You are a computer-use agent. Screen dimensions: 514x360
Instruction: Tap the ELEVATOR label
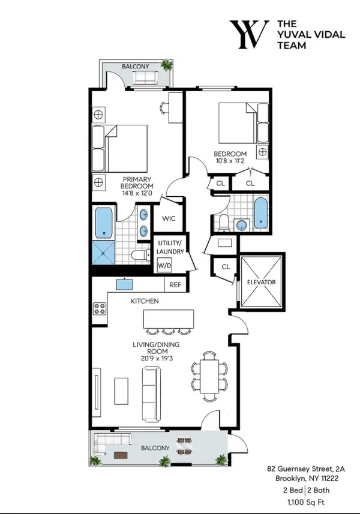[x=261, y=281]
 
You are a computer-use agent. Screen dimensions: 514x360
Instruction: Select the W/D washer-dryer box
[x=163, y=264]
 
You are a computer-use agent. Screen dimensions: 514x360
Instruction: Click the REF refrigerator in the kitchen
[x=175, y=285]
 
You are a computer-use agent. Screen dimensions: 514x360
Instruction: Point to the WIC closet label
[x=168, y=219]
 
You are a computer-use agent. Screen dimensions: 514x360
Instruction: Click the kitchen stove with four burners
[x=99, y=310]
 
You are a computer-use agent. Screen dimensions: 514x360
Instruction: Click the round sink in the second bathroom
[x=241, y=225]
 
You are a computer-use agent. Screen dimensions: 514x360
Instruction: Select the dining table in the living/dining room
[x=209, y=377]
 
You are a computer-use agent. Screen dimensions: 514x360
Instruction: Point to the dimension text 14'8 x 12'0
[x=138, y=186]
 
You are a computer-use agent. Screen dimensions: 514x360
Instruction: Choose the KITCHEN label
[x=145, y=300]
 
